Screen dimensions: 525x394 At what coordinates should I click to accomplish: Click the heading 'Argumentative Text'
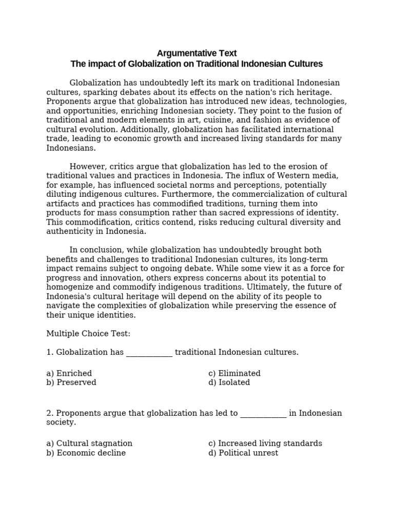coord(196,53)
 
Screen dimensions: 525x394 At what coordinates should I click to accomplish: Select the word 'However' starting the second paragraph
coord(85,167)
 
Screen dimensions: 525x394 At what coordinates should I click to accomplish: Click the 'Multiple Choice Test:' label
coord(88,334)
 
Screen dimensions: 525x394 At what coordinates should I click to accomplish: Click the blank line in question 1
coord(149,353)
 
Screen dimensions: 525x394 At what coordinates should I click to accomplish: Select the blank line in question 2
coord(263,413)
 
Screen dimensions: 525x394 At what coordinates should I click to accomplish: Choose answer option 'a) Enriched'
coord(69,373)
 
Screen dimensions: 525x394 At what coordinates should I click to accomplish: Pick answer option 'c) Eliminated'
coord(234,373)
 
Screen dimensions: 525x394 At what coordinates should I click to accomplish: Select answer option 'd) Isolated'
coord(229,382)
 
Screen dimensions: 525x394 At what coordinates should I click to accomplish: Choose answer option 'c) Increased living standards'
coord(265,443)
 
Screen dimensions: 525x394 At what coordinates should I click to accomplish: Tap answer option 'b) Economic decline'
coord(86,453)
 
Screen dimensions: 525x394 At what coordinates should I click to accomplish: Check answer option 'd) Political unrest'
coord(243,453)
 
